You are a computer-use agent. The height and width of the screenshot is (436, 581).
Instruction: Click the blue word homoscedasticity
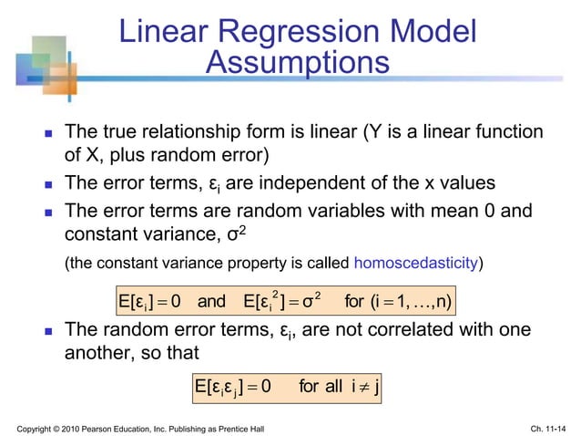click(417, 265)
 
